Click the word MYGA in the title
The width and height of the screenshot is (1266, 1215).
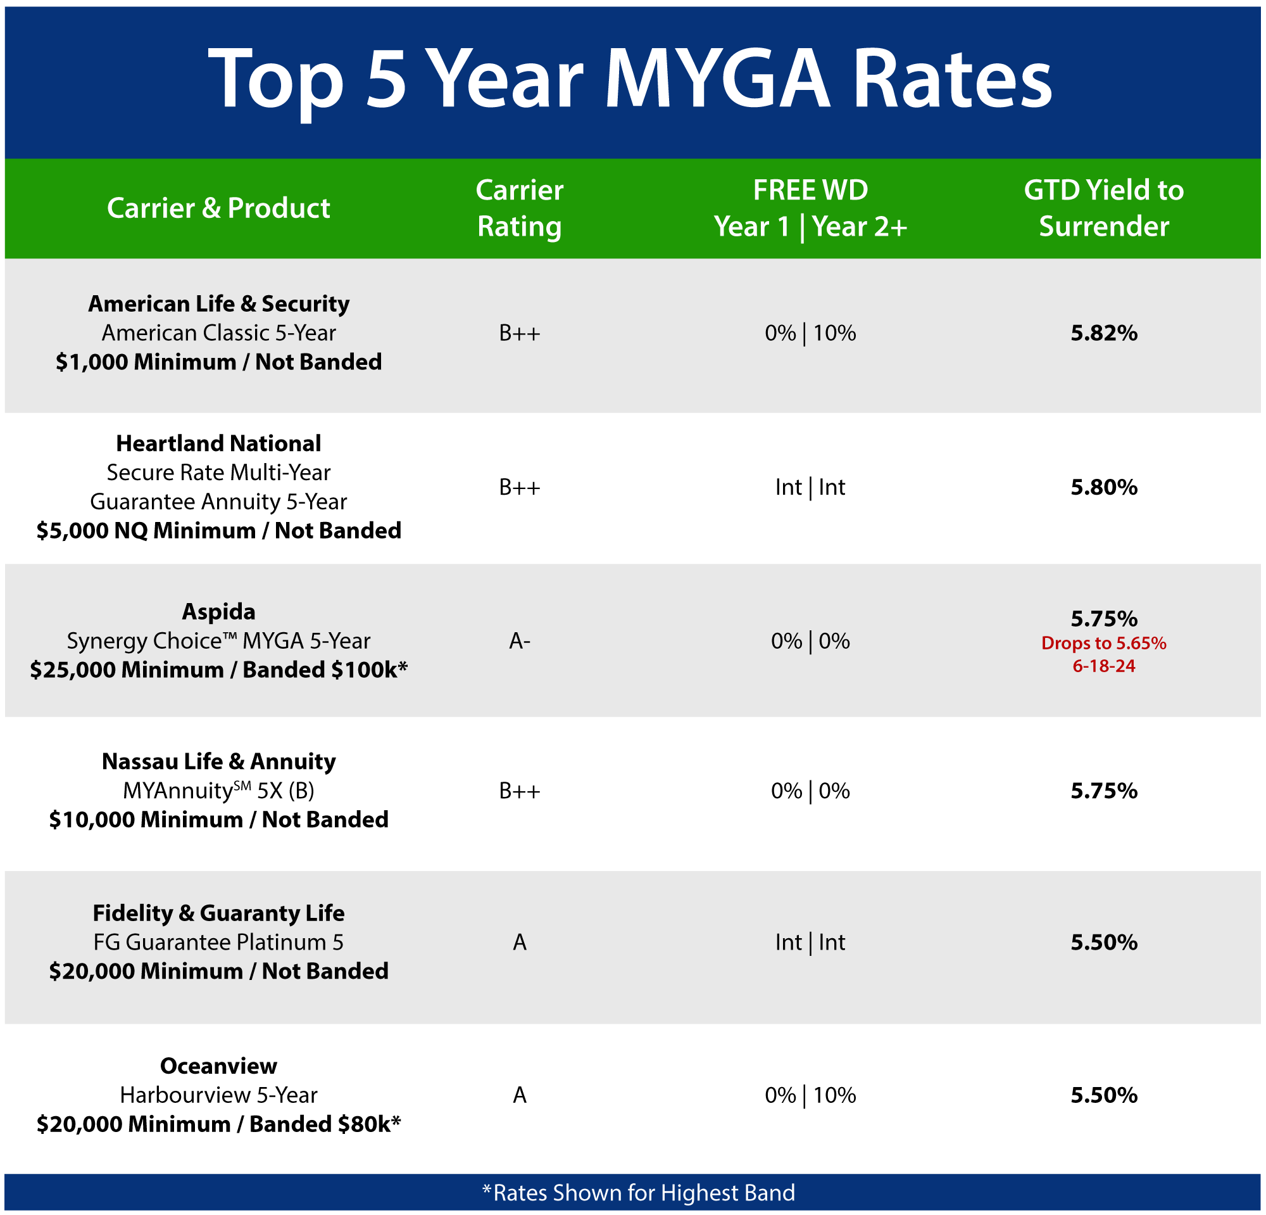tap(717, 79)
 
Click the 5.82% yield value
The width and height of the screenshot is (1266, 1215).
tap(1103, 333)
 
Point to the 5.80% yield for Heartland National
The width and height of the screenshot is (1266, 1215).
tap(1103, 487)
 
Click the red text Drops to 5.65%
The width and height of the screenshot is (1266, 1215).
tap(1103, 644)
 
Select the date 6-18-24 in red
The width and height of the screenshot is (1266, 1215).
tap(1103, 666)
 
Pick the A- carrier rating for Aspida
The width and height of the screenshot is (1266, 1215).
tap(519, 641)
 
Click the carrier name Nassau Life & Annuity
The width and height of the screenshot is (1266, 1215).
tap(218, 761)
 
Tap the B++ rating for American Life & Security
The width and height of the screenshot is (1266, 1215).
tap(519, 333)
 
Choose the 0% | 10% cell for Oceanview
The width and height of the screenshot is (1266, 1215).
tap(810, 1095)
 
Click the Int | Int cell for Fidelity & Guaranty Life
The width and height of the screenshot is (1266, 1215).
tap(810, 942)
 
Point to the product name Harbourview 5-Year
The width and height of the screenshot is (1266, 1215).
tap(218, 1095)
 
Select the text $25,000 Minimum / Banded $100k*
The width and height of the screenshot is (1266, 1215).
tap(218, 670)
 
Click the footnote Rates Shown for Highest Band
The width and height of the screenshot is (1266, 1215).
tap(638, 1192)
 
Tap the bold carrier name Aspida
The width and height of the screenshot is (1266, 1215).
tap(218, 611)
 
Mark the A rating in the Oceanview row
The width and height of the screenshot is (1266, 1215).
tap(519, 1095)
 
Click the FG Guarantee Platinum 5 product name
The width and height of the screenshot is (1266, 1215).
tap(218, 942)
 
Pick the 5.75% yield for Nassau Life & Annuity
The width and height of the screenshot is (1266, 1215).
tap(1103, 791)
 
